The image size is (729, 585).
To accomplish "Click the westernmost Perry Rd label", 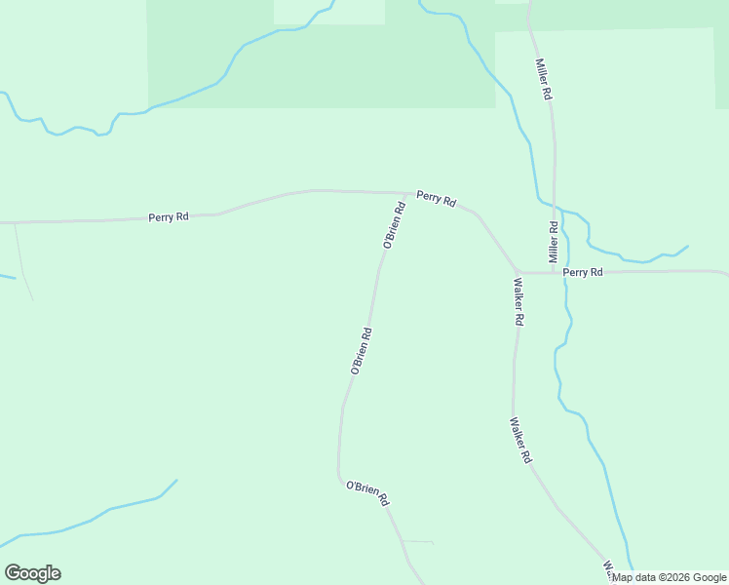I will (169, 216).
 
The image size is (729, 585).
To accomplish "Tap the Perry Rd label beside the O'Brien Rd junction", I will (436, 198).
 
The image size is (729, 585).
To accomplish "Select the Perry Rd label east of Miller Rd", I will (583, 272).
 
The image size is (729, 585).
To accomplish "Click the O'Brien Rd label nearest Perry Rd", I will (394, 226).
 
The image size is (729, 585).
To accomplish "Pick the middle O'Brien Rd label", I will (361, 351).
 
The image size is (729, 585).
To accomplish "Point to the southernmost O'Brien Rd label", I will (367, 492).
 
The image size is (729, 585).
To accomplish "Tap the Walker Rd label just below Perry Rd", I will (519, 302).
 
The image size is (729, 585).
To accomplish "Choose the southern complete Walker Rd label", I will (520, 441).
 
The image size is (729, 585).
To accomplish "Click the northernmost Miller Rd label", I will (544, 79).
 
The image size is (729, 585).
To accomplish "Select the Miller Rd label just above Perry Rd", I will (553, 243).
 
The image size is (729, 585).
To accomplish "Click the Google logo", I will (32, 573).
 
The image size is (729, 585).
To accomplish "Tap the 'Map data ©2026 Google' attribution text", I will (669, 577).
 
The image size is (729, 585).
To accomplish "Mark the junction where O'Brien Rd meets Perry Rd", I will (406, 193).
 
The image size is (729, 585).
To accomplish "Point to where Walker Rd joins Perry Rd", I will (518, 272).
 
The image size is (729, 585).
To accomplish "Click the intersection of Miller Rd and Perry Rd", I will (555, 272).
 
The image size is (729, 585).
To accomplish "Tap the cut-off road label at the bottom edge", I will (607, 566).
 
